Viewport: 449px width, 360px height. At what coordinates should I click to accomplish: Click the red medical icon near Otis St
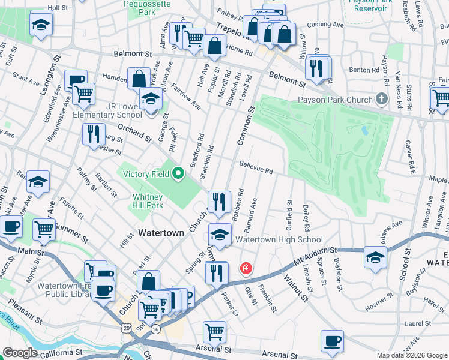coord(246,268)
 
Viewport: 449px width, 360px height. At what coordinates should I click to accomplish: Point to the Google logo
coord(20,353)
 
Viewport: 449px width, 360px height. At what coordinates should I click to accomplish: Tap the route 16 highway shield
coord(155,329)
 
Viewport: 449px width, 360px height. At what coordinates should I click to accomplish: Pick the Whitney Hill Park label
coord(148,200)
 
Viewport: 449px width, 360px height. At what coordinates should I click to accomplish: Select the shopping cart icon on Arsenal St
coord(214,331)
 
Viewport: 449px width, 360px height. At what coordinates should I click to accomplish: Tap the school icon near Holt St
coord(41,25)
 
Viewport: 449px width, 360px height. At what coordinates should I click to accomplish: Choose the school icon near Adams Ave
coord(375,257)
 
